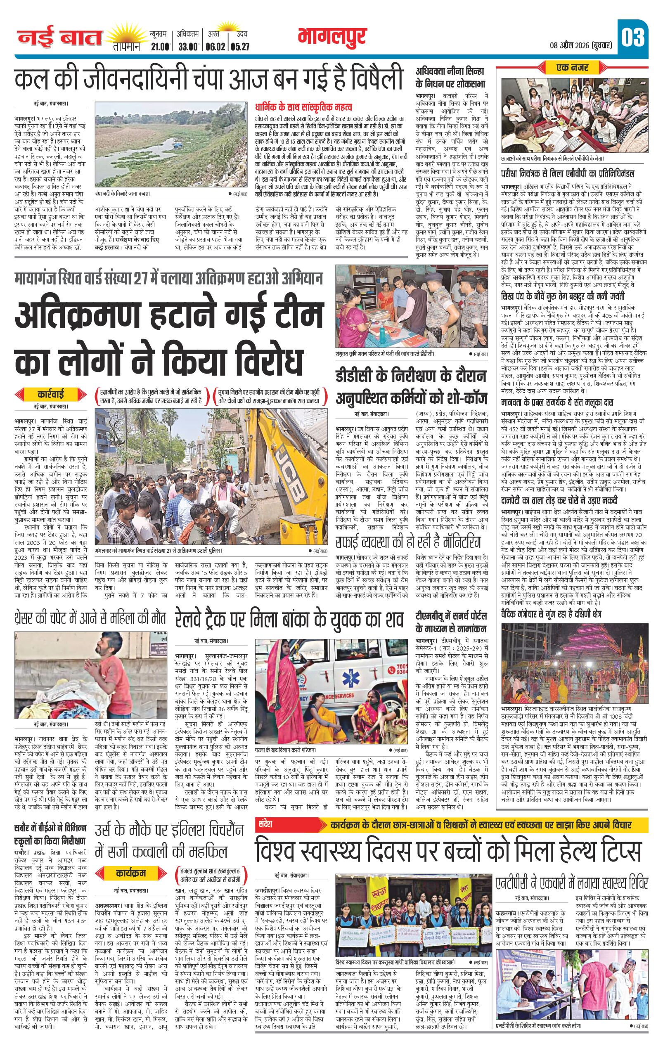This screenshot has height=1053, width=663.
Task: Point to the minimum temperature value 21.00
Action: (x=159, y=47)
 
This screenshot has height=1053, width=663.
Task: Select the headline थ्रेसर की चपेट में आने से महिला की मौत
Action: (x=90, y=618)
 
